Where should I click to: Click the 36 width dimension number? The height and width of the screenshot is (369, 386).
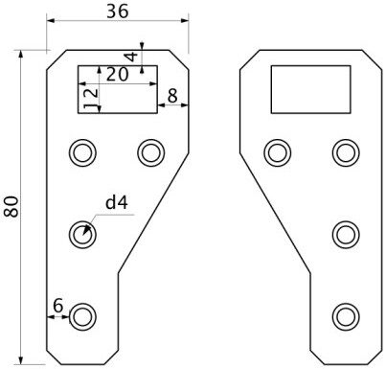pos(118,12)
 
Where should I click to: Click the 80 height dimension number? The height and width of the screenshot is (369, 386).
pos(12,207)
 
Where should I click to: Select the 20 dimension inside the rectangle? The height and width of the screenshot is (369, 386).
pos(117,75)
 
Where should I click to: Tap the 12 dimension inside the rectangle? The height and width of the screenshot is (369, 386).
pos(91,99)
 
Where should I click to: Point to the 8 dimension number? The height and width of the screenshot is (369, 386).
pos(172,96)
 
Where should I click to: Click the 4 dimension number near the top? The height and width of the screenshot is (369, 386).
pos(131,57)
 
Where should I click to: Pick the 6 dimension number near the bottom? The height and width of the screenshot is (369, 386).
pos(58,306)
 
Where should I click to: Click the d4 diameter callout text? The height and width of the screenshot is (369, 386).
pos(117,202)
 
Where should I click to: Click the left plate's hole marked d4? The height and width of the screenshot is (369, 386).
pos(82,235)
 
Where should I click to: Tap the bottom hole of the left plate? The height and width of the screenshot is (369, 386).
pos(82,316)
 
